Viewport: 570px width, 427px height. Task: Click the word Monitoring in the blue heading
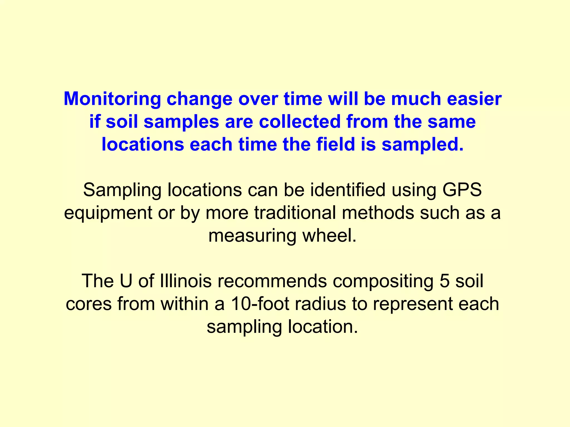tap(112, 99)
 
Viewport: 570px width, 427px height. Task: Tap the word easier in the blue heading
tap(474, 99)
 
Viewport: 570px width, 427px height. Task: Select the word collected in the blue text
tap(300, 122)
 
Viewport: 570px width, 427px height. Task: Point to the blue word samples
tap(181, 122)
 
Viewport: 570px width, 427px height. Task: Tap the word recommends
tap(272, 281)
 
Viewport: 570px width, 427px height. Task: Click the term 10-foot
tap(260, 304)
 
